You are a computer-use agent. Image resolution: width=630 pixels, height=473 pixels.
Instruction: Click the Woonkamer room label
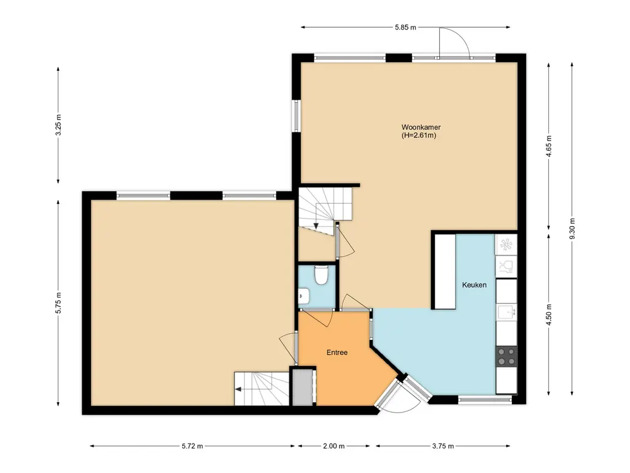click(421, 127)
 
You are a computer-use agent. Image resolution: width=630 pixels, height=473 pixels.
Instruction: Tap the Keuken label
click(474, 285)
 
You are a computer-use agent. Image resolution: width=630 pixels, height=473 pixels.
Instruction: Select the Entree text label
click(337, 352)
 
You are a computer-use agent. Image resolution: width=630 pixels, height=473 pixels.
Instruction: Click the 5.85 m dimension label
click(405, 27)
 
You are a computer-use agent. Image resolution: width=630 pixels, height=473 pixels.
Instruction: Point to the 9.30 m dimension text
click(572, 228)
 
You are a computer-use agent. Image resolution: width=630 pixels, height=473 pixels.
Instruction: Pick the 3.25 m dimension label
click(58, 125)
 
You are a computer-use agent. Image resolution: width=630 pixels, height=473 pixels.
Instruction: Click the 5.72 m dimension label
click(192, 446)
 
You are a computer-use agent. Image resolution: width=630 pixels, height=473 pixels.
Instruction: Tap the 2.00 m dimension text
click(333, 446)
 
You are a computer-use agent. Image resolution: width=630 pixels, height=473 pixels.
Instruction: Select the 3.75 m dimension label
click(443, 446)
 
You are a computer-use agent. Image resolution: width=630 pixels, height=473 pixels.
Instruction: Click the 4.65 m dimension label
click(549, 147)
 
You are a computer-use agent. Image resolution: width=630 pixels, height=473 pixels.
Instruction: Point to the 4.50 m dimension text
click(549, 315)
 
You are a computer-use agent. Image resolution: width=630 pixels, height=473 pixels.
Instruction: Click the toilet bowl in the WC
click(321, 275)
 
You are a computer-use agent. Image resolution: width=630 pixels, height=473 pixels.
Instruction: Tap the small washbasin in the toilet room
click(304, 296)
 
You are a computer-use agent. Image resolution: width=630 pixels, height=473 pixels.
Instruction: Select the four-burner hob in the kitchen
click(506, 357)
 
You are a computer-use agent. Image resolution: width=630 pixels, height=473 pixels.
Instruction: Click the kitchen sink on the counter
click(506, 312)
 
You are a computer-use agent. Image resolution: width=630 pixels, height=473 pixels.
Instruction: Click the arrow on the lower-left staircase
click(239, 389)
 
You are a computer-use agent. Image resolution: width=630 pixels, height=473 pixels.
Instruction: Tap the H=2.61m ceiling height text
click(418, 135)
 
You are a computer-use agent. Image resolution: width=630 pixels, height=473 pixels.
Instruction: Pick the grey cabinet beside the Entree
click(303, 387)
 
